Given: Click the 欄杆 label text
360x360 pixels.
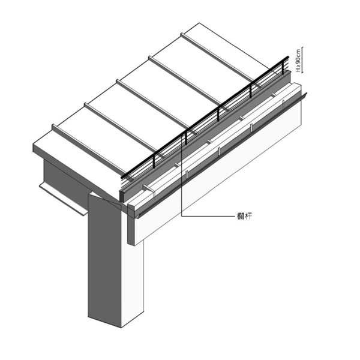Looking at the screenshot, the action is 244,216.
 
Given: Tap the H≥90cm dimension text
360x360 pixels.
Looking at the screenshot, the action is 298,61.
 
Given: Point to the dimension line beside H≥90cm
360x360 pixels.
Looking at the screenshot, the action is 302,60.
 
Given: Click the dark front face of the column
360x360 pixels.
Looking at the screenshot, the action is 104,259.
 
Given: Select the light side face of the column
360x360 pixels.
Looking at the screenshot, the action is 133,283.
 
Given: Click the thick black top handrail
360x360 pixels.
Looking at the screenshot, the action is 205,117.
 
